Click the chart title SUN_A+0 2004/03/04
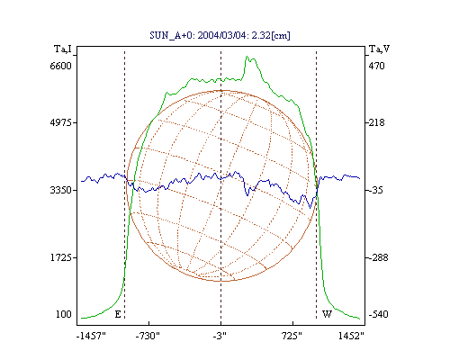220,35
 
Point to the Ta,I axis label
63,49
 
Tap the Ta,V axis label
380,49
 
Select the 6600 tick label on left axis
61,66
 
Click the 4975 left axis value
61,122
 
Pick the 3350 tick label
61,190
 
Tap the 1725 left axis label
61,257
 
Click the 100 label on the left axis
64,314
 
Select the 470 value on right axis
376,66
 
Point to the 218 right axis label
376,122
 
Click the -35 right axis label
376,190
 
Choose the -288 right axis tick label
378,257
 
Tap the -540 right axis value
378,314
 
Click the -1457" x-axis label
91,336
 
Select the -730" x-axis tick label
148,336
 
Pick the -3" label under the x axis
220,336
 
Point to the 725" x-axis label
292,336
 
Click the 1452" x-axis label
351,336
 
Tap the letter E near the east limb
118,314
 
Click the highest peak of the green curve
247,57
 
